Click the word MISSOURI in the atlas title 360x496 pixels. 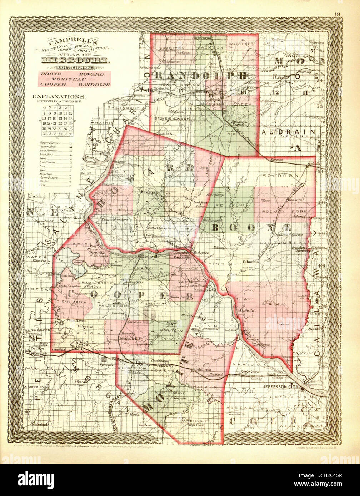tap(75, 60)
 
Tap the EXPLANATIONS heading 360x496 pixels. tap(59, 97)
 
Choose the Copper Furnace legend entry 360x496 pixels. tap(50, 143)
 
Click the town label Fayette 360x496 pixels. tap(148, 193)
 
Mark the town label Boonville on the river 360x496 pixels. tap(149, 257)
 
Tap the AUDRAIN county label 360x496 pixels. tap(289, 132)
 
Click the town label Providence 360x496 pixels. tap(244, 299)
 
